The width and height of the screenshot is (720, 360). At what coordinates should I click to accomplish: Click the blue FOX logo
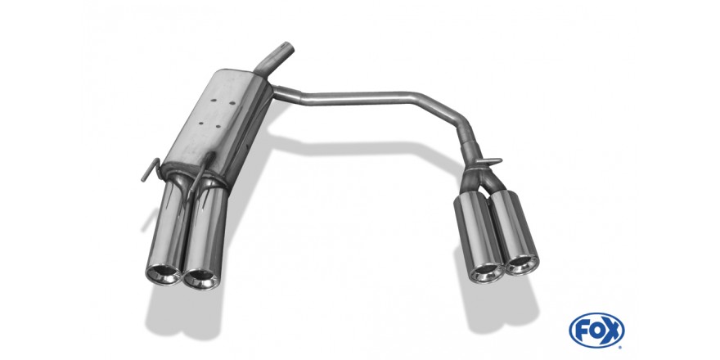596,331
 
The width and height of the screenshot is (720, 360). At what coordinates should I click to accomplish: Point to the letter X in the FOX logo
612,331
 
